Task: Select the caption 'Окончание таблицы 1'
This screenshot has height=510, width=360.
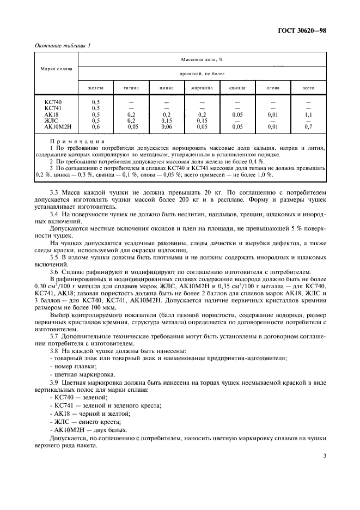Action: click(x=63, y=46)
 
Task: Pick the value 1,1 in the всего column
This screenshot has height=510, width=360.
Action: click(x=308, y=114)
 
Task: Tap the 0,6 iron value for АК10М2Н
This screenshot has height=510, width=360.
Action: click(x=96, y=126)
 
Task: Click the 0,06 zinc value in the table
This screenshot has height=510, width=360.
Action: click(x=167, y=126)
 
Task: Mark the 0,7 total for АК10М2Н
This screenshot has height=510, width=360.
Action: click(x=308, y=126)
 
